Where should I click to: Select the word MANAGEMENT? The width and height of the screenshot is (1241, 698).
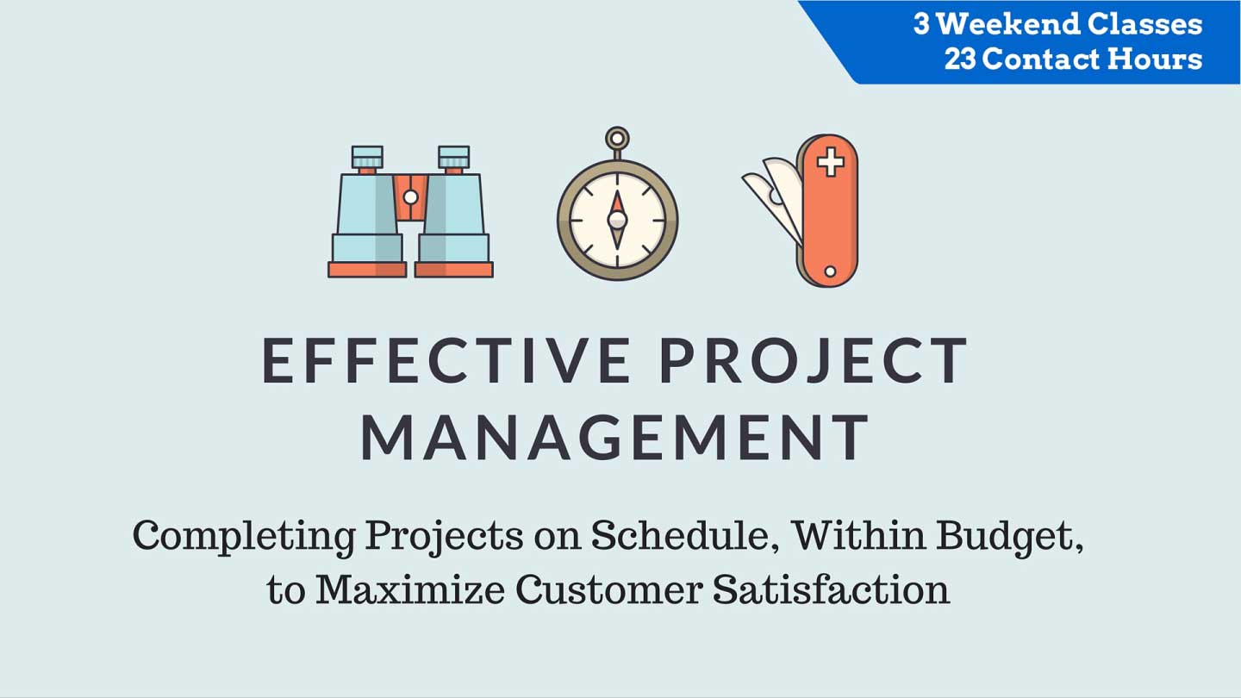coord(614,437)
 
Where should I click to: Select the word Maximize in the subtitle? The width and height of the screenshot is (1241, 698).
coord(410,589)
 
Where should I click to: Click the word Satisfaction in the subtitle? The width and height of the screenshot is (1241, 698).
coord(831,589)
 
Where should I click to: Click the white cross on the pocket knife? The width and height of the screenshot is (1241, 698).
coord(831,162)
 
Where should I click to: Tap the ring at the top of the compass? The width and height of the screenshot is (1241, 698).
coord(617,137)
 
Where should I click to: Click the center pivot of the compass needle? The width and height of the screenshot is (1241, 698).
coord(617,220)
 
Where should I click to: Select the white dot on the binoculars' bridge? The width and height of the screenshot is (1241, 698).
coord(410,196)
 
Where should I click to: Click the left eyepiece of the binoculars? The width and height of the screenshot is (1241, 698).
coord(367,158)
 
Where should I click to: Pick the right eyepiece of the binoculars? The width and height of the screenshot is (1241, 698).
coord(453,158)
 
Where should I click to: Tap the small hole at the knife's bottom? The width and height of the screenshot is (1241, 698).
coord(830,271)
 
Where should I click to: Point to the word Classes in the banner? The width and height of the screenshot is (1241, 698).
coord(1144,24)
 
